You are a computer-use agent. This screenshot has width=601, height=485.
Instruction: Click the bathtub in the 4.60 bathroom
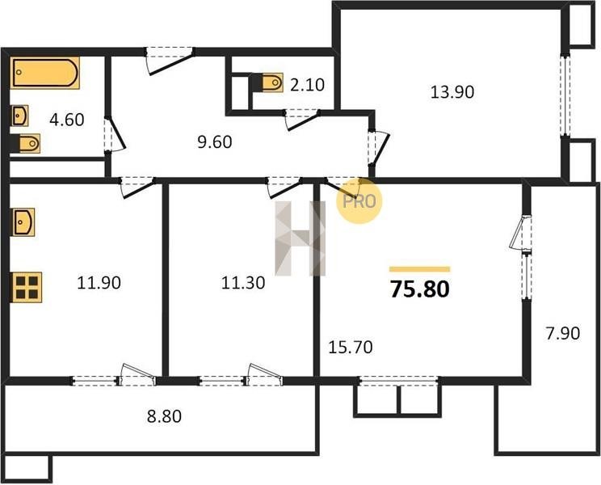tap(45, 73)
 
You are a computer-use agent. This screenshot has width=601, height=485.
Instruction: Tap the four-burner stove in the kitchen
tap(27, 287)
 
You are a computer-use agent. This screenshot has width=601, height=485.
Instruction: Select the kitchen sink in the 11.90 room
tap(23, 222)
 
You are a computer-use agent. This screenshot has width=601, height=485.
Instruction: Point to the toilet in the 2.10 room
tap(271, 82)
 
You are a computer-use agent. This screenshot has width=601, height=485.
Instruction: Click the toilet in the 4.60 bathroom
tap(27, 143)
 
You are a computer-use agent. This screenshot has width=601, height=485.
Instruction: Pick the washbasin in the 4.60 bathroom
tap(19, 116)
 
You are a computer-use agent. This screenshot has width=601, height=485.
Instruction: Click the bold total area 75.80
tap(420, 289)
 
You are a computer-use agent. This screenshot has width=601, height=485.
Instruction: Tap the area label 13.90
tap(452, 92)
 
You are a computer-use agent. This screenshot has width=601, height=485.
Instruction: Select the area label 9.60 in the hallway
tap(215, 142)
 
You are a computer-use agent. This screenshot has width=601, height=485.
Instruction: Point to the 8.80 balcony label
tap(164, 416)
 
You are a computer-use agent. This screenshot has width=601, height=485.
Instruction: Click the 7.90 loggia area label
tap(563, 333)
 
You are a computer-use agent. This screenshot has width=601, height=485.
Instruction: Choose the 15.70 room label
tap(351, 348)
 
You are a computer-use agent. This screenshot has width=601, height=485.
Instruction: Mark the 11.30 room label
tap(243, 283)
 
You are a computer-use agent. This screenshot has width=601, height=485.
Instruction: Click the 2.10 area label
tap(307, 85)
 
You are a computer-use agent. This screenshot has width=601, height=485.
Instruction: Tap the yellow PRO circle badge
tap(359, 201)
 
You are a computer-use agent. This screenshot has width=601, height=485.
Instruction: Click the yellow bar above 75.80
tap(420, 269)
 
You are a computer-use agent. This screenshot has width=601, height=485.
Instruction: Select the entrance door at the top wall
tap(170, 60)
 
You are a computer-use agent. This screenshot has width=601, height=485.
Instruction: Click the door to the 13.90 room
tap(379, 148)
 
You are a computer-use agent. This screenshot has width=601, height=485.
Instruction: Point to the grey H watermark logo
tap(300, 238)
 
